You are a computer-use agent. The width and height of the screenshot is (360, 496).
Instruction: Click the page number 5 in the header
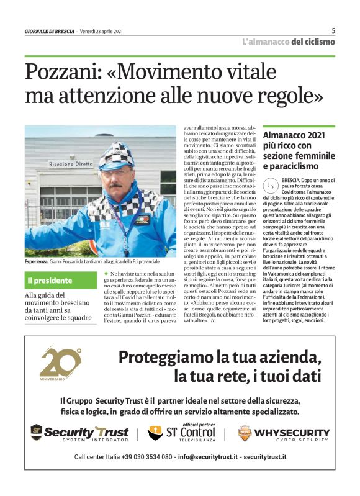point(333,30)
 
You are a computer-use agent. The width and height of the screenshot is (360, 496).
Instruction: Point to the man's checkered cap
point(116,154)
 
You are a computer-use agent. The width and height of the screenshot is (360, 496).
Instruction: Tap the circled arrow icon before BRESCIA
point(268,184)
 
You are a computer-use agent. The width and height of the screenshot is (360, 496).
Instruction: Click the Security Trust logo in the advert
point(79,433)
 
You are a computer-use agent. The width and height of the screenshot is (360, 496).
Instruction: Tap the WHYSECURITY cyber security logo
point(284,433)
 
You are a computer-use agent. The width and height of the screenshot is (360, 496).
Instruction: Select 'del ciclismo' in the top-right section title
point(312,42)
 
